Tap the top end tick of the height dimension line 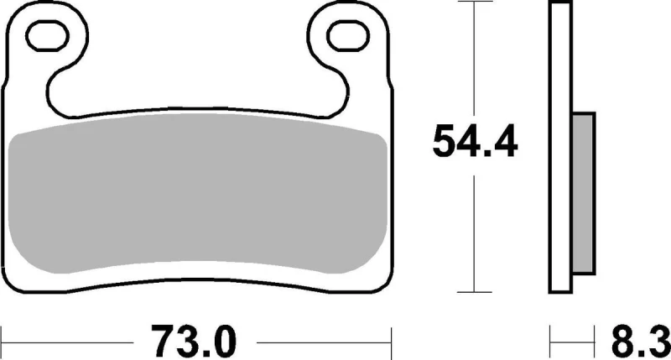476,3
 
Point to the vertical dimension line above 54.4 476,59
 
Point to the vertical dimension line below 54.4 476,227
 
